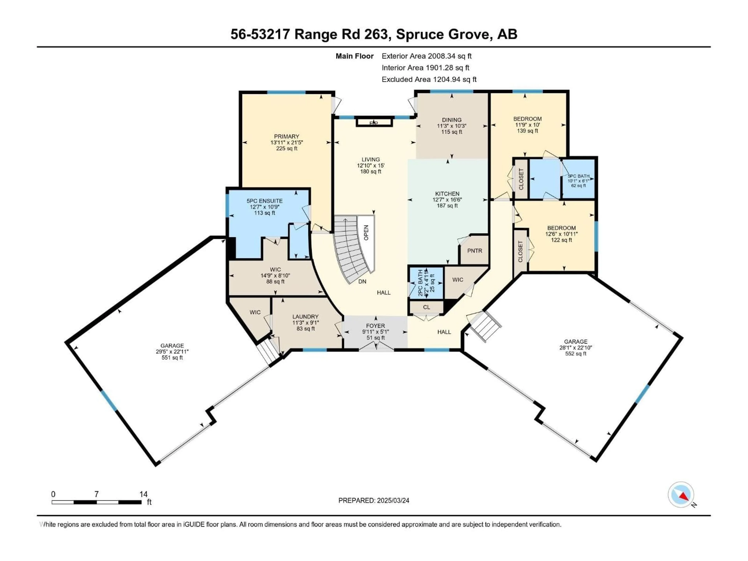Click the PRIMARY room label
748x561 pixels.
pyautogui.click(x=286, y=137)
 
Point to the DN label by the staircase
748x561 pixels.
pyautogui.click(x=362, y=281)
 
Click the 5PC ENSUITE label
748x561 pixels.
pyautogui.click(x=265, y=201)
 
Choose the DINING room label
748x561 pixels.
pyautogui.click(x=452, y=120)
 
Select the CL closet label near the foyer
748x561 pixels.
pyautogui.click(x=426, y=307)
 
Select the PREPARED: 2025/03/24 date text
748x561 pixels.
pyautogui.click(x=374, y=500)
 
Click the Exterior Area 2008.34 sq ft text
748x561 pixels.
pyautogui.click(x=426, y=56)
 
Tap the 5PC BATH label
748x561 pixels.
pyautogui.click(x=578, y=176)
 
